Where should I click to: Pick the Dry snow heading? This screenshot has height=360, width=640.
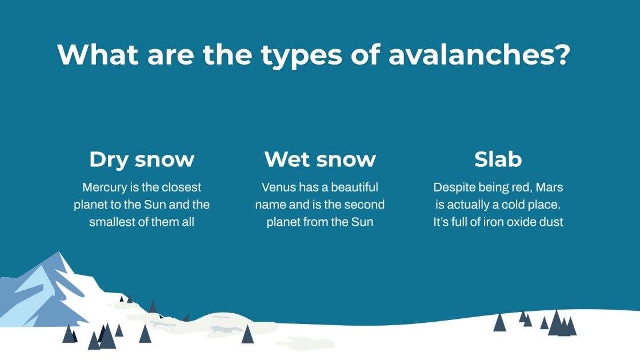(142, 160)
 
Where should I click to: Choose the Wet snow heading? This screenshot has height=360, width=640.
(320, 160)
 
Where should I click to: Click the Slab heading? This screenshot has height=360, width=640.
(498, 160)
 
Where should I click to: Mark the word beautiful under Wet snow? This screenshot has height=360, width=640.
(352, 187)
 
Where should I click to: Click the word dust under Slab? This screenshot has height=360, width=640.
(551, 222)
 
